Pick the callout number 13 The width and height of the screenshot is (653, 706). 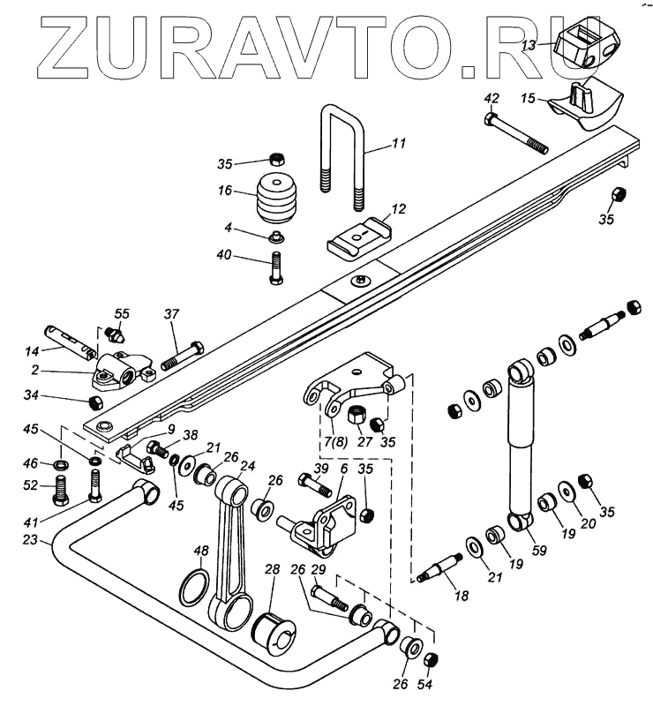tap(529, 45)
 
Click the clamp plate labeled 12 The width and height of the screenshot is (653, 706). tap(358, 235)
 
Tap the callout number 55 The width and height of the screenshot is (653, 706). tap(122, 313)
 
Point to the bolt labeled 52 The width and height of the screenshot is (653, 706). tap(62, 485)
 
